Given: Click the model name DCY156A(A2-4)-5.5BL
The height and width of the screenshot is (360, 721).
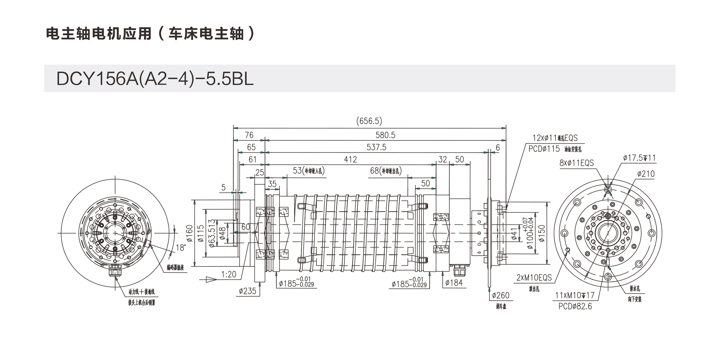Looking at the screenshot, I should (x=155, y=79).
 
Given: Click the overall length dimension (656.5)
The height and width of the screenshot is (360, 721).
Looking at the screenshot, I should (x=369, y=121).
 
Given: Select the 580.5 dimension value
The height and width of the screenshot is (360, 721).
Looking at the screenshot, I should (x=385, y=135).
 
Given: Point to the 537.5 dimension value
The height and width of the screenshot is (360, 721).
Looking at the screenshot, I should (x=376, y=147).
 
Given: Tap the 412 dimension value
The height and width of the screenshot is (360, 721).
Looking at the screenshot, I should (x=350, y=160).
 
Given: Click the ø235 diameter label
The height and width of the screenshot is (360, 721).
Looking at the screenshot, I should (x=248, y=291).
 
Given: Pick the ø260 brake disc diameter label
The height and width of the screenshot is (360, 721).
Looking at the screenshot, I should (x=501, y=295).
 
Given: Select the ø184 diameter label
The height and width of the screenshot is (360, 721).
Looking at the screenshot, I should (x=454, y=283).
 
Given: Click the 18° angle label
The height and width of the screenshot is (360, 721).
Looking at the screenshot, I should (x=181, y=248).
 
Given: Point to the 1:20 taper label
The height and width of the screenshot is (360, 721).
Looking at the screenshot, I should (x=229, y=275).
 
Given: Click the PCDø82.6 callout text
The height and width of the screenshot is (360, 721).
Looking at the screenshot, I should (x=575, y=306).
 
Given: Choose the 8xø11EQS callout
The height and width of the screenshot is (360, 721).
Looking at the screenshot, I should (x=576, y=163).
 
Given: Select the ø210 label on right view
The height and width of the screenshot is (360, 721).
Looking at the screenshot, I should (x=646, y=174).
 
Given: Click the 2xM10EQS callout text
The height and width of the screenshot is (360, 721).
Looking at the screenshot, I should (x=534, y=278).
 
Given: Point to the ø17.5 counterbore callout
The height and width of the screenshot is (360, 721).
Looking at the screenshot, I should (x=639, y=158).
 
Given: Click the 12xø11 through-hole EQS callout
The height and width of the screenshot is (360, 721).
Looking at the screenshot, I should (x=555, y=138).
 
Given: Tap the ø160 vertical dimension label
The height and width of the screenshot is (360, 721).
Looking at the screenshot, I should (x=190, y=233).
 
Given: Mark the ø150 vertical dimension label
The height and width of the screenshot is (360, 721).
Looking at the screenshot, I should (x=542, y=233).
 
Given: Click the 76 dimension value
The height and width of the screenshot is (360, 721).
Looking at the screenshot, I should (x=249, y=135).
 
